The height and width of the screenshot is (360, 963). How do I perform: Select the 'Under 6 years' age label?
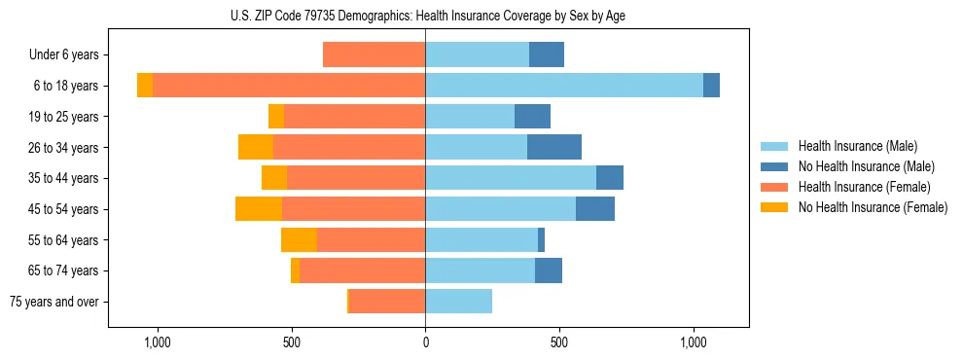[x=63, y=54]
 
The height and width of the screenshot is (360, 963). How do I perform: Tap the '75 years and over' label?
[x=53, y=302]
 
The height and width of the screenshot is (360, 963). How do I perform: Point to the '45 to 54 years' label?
[x=61, y=209]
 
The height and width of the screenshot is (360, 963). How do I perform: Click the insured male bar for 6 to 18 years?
[x=564, y=86]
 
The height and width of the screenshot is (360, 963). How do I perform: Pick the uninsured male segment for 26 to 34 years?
[x=554, y=147]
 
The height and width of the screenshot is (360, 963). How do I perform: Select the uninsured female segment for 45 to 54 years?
[x=259, y=209]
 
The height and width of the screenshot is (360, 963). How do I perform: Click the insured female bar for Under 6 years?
[x=374, y=54]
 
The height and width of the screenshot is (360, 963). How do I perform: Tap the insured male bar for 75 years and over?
[x=458, y=302]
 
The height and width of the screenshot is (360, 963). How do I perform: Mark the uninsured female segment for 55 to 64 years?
[x=300, y=239]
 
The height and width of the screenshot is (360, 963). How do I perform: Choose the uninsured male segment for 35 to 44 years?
[x=610, y=178]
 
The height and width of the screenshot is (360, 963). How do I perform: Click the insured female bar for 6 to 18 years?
[x=289, y=86]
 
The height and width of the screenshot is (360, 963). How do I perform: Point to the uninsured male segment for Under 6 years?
[x=547, y=54]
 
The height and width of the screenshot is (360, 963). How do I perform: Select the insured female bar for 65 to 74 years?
[x=363, y=270]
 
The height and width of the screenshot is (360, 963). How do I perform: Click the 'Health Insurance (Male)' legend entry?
[x=857, y=146]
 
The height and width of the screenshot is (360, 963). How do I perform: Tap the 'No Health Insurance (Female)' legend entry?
[x=873, y=207]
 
